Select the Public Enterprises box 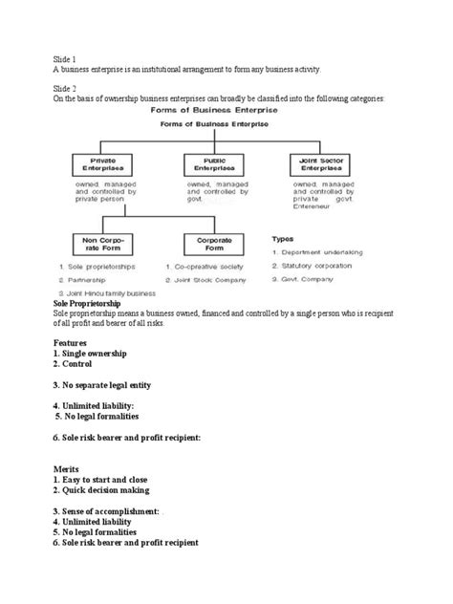coord(208,163)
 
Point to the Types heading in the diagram coord(285,238)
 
